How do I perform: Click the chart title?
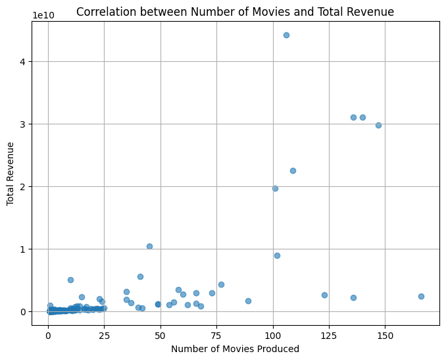coord(235,11)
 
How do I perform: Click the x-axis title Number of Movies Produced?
coord(235,349)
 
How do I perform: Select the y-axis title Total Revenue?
coord(11,173)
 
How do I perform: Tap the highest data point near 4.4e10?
coord(286,35)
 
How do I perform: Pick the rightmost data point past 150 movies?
coord(421,296)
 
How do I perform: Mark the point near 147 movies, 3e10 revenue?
coord(378,125)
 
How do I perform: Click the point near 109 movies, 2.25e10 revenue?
coord(293,170)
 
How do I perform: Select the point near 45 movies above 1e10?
coord(149,246)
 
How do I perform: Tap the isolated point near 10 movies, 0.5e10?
coord(70,280)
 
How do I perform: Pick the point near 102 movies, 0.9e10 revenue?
coord(277,255)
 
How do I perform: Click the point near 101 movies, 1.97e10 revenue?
coord(275,188)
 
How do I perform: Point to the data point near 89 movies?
coord(248,301)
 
